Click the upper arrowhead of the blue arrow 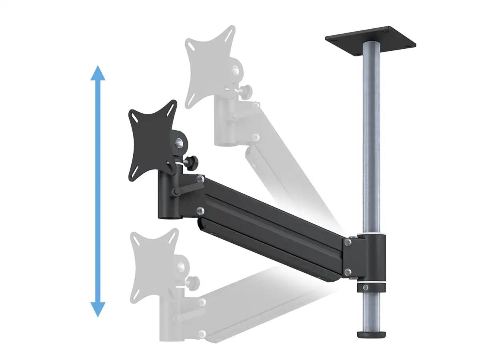pyautogui.click(x=98, y=73)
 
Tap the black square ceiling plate pyautogui.click(x=371, y=40)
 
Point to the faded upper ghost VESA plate pyautogui.click(x=208, y=64)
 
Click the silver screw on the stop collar pyautogui.click(x=365, y=287)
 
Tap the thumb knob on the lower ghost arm pyautogui.click(x=193, y=282)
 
